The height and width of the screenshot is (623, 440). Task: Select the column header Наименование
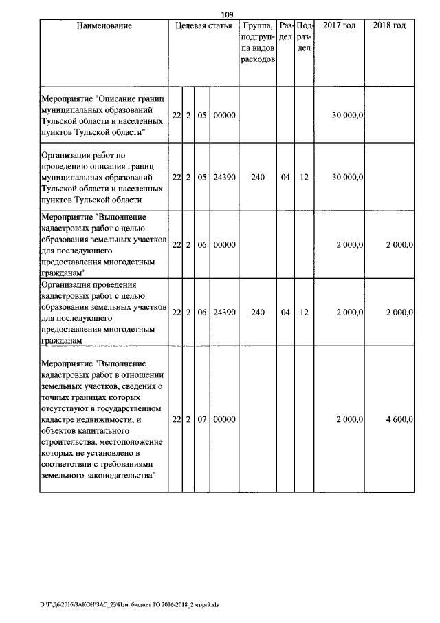[x=104, y=25]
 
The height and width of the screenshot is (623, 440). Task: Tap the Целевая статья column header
[x=204, y=25]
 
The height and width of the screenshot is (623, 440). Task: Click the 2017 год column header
[x=339, y=25]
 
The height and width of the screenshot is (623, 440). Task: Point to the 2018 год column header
[x=390, y=25]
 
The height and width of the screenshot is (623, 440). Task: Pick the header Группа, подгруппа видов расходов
[x=258, y=43]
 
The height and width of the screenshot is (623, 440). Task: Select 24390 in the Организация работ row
[x=224, y=177]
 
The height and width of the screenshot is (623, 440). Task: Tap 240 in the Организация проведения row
[x=258, y=313]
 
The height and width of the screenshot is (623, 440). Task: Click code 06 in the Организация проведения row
[x=202, y=313]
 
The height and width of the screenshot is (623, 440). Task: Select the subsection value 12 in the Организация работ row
[x=304, y=177]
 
